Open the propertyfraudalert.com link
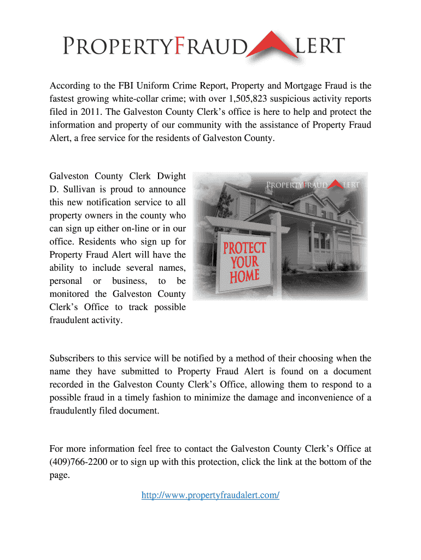[x=210, y=495]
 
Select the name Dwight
[x=172, y=176]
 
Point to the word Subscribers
[x=72, y=359]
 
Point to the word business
[x=129, y=281]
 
